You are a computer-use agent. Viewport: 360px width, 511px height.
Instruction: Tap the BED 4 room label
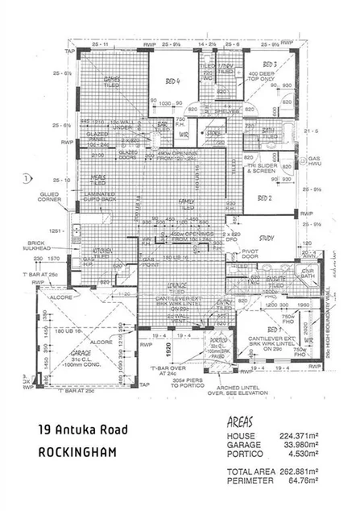tap(172, 81)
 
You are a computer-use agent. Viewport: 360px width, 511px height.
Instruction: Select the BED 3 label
tap(270, 64)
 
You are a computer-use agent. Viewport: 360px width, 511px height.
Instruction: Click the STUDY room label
tap(266, 239)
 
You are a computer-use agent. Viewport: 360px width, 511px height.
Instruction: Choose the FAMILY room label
tap(188, 201)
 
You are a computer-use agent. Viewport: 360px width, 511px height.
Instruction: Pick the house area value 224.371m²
tap(300, 436)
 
